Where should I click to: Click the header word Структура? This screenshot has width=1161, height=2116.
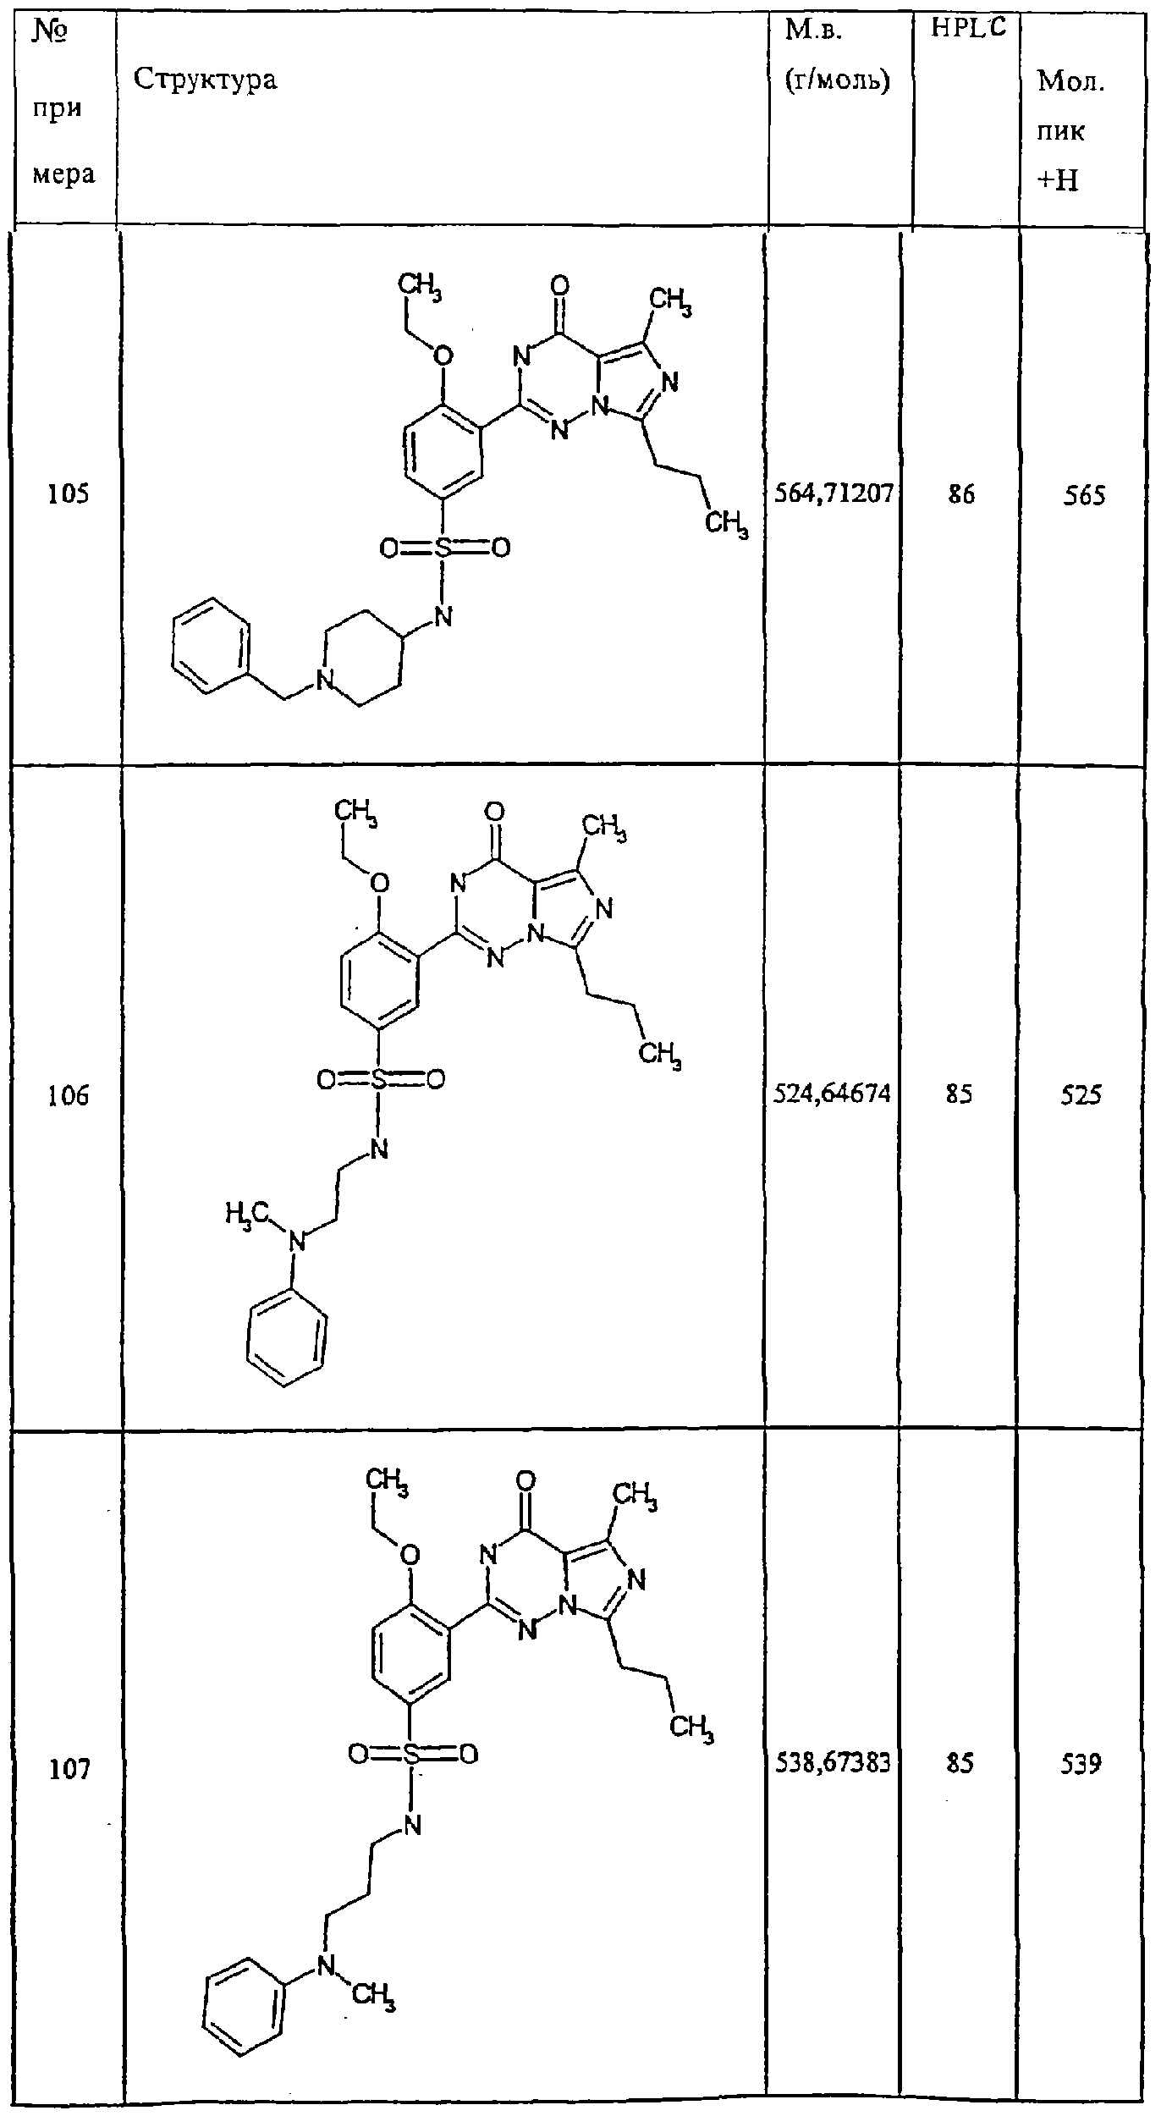tap(206, 80)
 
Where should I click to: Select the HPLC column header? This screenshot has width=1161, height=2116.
tap(970, 28)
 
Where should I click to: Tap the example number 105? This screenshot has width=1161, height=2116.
tap(69, 494)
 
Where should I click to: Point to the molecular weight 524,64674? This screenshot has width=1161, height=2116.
tap(833, 1094)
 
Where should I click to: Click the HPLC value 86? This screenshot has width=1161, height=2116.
tap(961, 494)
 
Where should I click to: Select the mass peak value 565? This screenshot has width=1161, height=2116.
tap(1084, 496)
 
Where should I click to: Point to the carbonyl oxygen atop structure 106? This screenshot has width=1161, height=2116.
tap(495, 814)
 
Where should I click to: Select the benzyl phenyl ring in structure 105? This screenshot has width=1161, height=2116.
tap(212, 647)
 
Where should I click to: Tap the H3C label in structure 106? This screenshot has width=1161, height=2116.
tap(245, 1216)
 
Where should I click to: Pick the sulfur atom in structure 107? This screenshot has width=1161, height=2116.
tap(412, 1755)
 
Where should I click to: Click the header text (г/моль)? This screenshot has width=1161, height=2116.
tap(838, 80)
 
